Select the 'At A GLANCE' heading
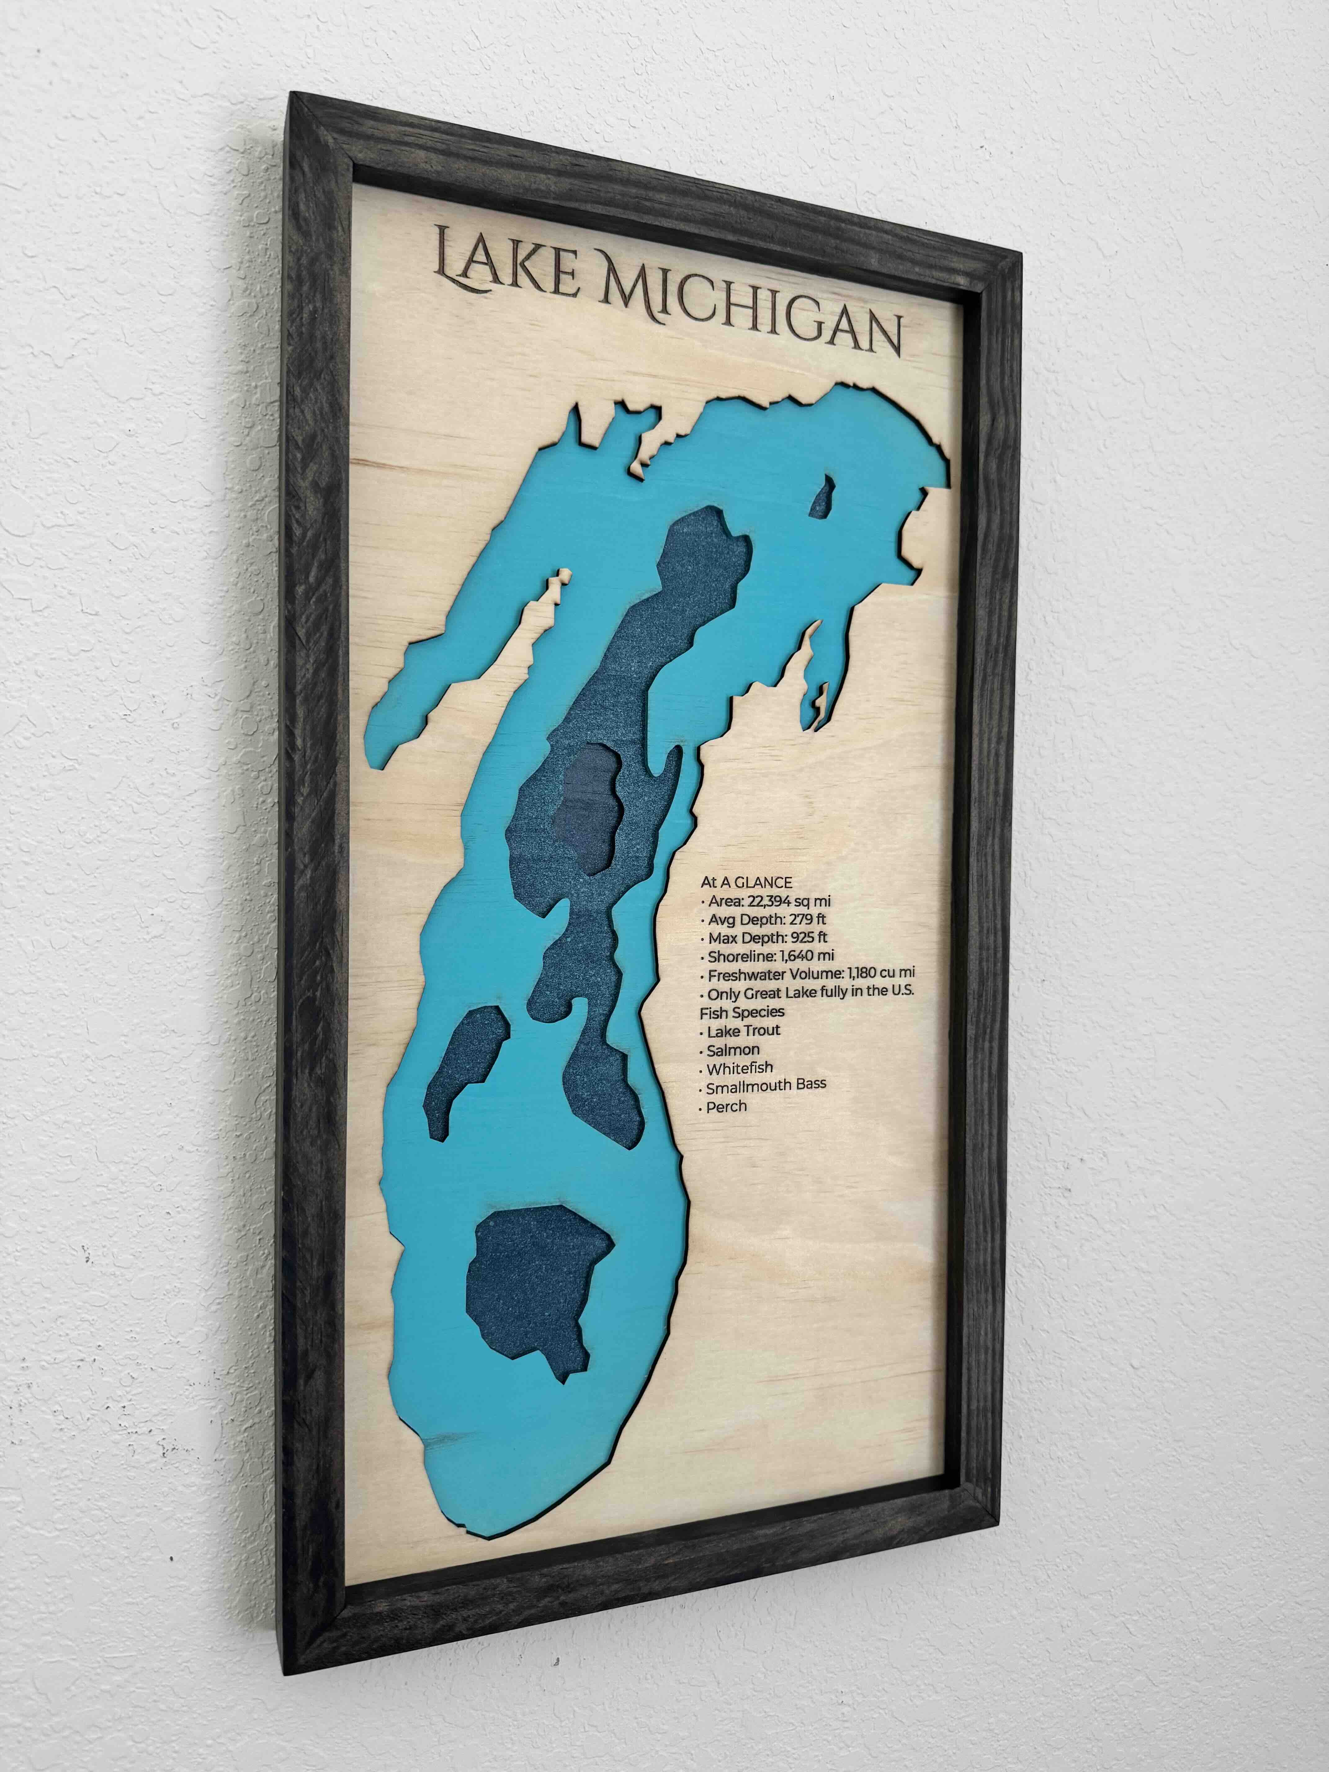coord(746,882)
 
